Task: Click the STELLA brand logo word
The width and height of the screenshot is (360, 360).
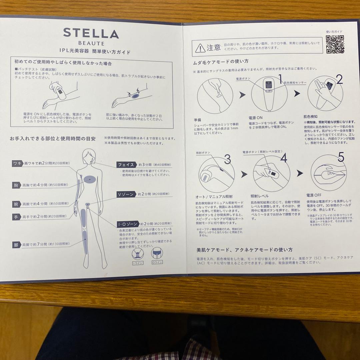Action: point(91,33)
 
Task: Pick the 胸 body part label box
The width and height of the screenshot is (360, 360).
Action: point(16,185)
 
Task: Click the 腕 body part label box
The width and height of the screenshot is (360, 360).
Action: point(16,204)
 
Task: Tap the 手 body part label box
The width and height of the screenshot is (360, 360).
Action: point(16,216)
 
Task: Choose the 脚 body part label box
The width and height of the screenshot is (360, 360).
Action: point(16,245)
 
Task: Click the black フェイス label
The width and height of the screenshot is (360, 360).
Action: point(126,165)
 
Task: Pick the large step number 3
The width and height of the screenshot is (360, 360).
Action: point(227,159)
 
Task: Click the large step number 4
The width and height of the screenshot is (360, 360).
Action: point(283,159)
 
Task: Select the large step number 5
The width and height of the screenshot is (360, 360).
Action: point(341,157)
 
